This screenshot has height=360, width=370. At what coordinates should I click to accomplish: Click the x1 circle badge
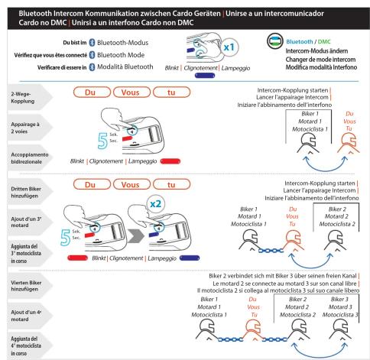pos(229,47)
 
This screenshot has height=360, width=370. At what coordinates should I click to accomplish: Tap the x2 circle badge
pos(156,204)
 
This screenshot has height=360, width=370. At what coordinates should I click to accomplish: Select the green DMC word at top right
pos(324,41)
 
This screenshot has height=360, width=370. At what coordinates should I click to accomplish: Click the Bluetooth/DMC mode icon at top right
pos(275,41)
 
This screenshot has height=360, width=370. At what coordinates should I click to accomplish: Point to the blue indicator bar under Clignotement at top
pos(205,76)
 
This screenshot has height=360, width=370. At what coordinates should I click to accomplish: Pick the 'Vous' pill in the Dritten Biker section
pos(131,184)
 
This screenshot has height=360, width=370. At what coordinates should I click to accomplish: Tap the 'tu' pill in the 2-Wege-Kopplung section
pos(171,92)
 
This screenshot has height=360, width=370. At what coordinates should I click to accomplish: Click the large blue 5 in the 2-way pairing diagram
pos(102,141)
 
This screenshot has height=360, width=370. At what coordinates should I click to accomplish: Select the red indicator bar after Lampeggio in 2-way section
pos(170,161)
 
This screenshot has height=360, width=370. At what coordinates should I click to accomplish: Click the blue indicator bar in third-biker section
pos(190,258)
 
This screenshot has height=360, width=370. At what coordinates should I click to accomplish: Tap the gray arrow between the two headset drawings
pos(136,236)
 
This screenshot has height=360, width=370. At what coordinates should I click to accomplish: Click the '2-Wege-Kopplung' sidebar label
pos(23,98)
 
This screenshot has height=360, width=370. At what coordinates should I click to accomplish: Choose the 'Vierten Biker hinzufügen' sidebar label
pos(26,286)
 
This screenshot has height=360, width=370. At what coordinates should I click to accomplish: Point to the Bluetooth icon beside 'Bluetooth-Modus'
pos(92,43)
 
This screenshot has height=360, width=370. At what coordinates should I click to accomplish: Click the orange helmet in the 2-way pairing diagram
pos(349,144)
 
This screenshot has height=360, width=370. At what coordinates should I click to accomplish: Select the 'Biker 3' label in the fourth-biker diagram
pos(339,299)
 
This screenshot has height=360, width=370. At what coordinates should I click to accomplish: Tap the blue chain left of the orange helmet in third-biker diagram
pos(271,251)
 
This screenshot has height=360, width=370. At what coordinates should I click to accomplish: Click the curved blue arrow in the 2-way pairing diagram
pos(325,167)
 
